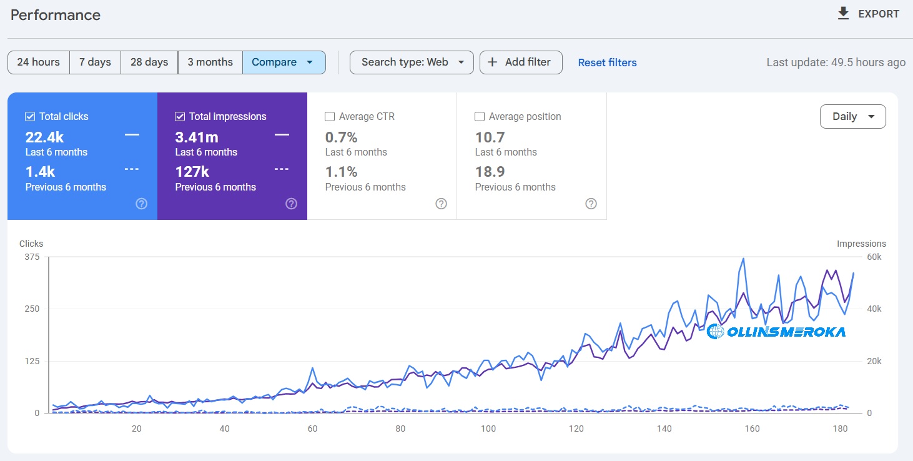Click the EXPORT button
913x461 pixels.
869,14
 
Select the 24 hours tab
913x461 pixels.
39,62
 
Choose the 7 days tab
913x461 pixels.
95,62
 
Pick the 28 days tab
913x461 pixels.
149,62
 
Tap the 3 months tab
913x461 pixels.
210,62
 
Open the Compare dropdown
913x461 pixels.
284,62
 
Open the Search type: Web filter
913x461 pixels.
412,62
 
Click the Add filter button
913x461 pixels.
520,62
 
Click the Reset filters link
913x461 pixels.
607,62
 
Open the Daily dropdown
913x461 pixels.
852,117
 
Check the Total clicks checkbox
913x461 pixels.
30,117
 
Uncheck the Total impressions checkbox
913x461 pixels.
180,117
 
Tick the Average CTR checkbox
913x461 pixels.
330,117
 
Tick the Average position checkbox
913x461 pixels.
480,117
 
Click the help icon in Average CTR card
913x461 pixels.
441,204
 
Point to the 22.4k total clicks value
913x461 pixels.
44,137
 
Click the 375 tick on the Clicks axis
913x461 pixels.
31,257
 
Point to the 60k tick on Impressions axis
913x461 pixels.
874,257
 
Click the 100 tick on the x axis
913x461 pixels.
488,429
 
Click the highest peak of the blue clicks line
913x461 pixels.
743,259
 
